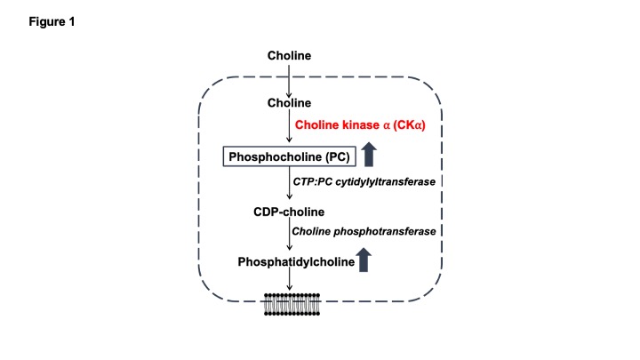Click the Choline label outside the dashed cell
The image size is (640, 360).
289,57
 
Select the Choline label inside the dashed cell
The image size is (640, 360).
289,103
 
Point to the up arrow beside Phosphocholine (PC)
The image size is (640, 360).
371,156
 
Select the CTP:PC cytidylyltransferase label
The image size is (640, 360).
367,182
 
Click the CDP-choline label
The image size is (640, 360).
289,212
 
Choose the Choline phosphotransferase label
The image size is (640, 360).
364,231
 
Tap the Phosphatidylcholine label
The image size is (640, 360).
295,261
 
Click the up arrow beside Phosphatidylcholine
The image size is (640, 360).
363,260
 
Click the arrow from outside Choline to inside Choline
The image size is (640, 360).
289,80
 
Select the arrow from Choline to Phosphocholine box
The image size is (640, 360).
289,129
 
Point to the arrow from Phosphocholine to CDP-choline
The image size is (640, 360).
289,185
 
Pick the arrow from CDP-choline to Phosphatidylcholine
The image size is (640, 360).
289,236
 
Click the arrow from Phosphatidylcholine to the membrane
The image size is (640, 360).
289,280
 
